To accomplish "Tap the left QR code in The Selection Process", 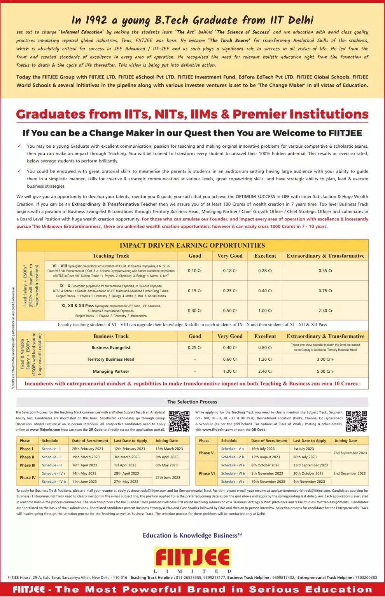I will click(179, 421).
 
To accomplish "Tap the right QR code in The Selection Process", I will click(356, 421).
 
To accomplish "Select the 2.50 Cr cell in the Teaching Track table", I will click(325, 311).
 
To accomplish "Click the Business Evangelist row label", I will click(111, 347).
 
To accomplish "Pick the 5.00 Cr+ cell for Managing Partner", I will click(325, 371).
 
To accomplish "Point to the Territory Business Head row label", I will click(111, 359).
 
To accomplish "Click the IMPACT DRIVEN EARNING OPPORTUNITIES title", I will click(192, 245).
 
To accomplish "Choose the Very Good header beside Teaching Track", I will click(230, 256).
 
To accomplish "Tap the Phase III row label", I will click(27, 465).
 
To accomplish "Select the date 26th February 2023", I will click(87, 449).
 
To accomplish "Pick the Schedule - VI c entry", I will click(233, 482).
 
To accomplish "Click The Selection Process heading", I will click(192, 402).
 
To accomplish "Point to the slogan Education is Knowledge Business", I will click(192, 536).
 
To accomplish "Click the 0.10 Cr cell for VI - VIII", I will click(194, 271).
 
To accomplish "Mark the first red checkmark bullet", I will click(19, 146).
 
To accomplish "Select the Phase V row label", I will click(206, 453).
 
